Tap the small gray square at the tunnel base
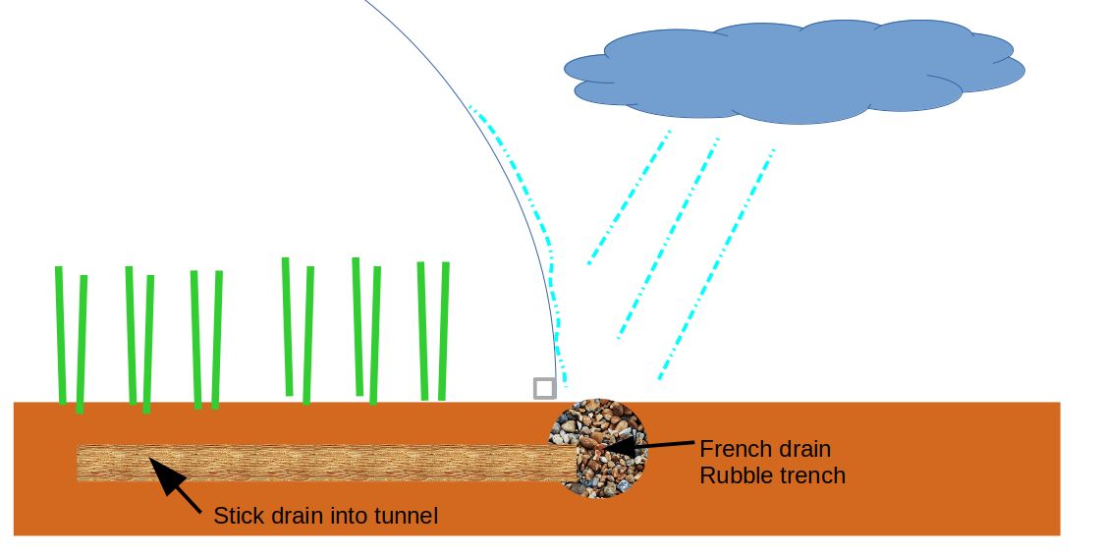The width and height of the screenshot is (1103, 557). click(544, 388)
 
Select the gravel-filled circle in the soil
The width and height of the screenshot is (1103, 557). click(597, 448)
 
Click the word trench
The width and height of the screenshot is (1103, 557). click(812, 476)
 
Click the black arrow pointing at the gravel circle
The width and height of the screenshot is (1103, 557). click(648, 447)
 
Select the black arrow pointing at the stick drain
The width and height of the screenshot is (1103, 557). click(177, 487)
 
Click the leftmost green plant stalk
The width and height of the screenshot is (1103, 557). click(60, 334)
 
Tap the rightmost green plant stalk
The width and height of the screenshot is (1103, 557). click(444, 330)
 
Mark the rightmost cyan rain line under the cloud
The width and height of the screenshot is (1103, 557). click(717, 263)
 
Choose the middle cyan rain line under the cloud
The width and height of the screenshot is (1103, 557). click(669, 237)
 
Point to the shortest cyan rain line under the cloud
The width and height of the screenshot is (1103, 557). click(630, 196)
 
